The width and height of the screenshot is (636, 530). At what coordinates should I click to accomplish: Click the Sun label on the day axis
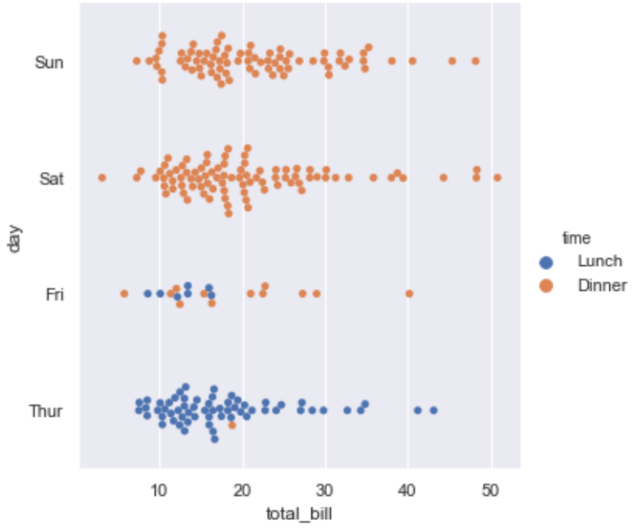[49, 62]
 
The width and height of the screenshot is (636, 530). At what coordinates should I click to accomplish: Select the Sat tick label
[51, 179]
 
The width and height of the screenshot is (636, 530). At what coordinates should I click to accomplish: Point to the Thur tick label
[46, 411]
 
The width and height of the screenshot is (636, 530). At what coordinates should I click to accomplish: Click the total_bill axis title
[298, 513]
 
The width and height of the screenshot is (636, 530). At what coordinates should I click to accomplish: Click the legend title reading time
[576, 239]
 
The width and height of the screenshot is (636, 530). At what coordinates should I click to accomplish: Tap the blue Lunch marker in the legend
[546, 262]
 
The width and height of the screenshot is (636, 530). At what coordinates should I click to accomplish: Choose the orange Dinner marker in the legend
[546, 286]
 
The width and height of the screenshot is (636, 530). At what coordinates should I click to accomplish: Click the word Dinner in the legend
[603, 286]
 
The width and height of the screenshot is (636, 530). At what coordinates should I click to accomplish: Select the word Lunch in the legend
[600, 262]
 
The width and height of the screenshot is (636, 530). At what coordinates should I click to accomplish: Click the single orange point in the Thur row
[233, 425]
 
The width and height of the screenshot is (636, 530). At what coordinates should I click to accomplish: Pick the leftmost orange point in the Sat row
[102, 178]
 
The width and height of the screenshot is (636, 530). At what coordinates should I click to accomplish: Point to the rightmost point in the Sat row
[497, 178]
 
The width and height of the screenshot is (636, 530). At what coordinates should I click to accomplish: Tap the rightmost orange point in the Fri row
[409, 294]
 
